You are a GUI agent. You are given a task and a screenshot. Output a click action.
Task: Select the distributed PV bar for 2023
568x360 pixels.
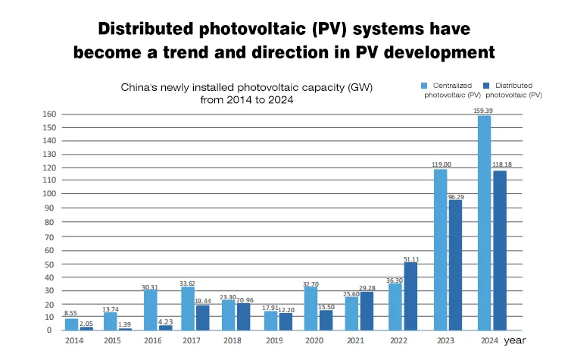point(456,265)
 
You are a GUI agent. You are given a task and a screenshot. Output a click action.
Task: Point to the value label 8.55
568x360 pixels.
point(70,313)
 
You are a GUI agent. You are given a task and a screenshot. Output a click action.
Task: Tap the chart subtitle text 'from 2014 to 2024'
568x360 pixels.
point(247,99)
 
